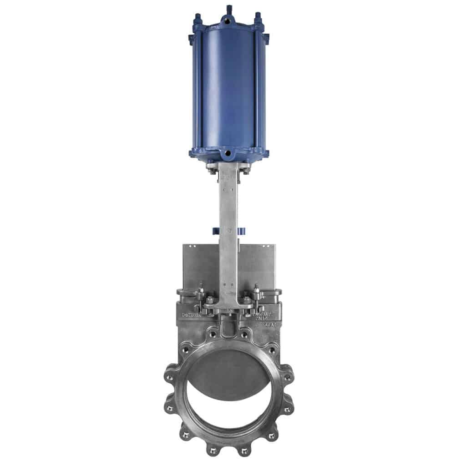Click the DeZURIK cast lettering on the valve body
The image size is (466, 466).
pos(191,314)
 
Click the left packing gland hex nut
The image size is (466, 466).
pos(211,301)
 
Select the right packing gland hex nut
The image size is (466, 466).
pos(246,301)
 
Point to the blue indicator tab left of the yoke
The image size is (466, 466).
pos(215,230)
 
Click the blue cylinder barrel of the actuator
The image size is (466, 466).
pos(228,91)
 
